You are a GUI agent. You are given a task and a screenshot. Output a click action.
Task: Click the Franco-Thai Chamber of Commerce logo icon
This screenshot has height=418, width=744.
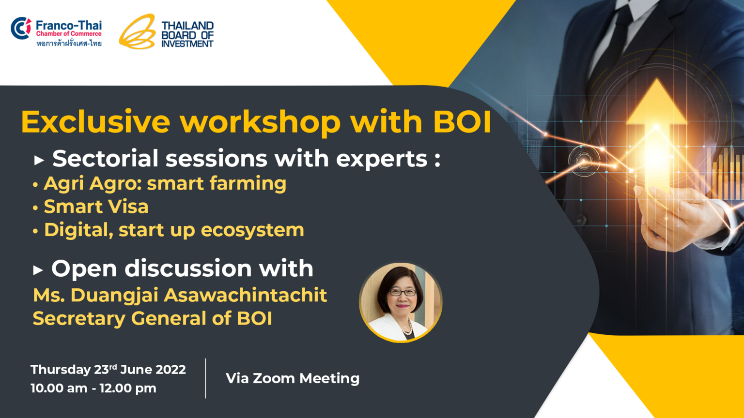pyautogui.click(x=21, y=28)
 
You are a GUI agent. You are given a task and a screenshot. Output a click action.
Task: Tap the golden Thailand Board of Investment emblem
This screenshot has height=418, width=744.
pyautogui.click(x=138, y=31)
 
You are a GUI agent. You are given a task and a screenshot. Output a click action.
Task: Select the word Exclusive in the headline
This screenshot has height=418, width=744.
pyautogui.click(x=95, y=122)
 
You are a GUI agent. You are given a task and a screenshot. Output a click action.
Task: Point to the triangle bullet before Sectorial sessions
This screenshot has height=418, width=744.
pyautogui.click(x=39, y=161)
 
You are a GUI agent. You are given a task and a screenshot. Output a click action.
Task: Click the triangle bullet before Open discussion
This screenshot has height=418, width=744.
pyautogui.click(x=38, y=270)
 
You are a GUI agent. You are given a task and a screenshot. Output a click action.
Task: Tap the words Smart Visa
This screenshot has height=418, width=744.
pyautogui.click(x=96, y=207)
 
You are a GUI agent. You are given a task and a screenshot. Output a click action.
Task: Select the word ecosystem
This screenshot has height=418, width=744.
pyautogui.click(x=252, y=231)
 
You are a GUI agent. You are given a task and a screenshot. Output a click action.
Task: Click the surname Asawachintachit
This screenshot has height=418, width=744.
pyautogui.click(x=246, y=295)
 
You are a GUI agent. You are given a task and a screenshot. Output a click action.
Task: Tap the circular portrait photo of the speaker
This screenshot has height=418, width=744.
pyautogui.click(x=401, y=302)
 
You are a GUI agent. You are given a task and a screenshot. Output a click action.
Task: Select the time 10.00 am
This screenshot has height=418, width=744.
pyautogui.click(x=59, y=388)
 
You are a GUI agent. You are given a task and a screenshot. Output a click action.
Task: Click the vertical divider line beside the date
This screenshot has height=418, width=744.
pyautogui.click(x=205, y=378)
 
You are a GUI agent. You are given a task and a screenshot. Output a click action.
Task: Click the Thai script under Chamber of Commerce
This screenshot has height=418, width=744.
pyautogui.click(x=69, y=43)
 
